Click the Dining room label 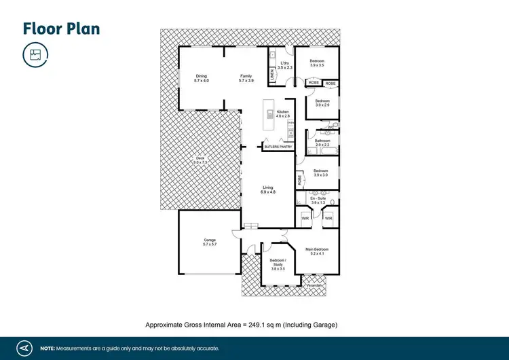click(201, 76)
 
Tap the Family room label click(246, 76)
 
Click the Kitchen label click(283, 111)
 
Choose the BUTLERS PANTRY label click(278, 146)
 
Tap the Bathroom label click(322, 141)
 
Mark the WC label click(331, 126)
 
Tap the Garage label click(210, 240)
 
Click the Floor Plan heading click(62, 28)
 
